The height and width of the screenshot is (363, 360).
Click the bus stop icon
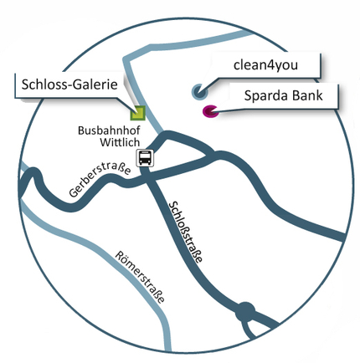145,158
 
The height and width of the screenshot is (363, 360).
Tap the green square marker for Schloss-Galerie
138,113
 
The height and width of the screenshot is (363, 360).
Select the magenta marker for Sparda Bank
210,111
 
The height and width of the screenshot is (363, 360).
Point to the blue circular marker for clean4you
199,91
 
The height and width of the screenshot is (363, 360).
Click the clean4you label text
265,65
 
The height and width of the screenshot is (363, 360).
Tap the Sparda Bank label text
283,95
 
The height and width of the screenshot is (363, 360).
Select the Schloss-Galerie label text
69,84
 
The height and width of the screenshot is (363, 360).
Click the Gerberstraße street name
100,180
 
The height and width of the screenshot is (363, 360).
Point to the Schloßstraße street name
186,233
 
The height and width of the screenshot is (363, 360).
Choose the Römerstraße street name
141,277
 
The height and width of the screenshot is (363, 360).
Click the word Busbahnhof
109,130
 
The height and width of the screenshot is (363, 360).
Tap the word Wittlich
120,142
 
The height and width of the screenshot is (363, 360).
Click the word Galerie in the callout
96,84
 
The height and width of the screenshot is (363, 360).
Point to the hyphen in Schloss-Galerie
71,86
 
